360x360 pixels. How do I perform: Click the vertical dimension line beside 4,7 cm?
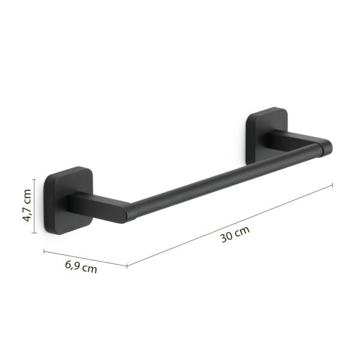(35, 204)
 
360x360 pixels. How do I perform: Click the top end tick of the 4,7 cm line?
(35, 179)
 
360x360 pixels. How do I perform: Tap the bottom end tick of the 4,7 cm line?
(35, 230)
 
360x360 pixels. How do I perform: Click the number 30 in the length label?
(226, 236)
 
